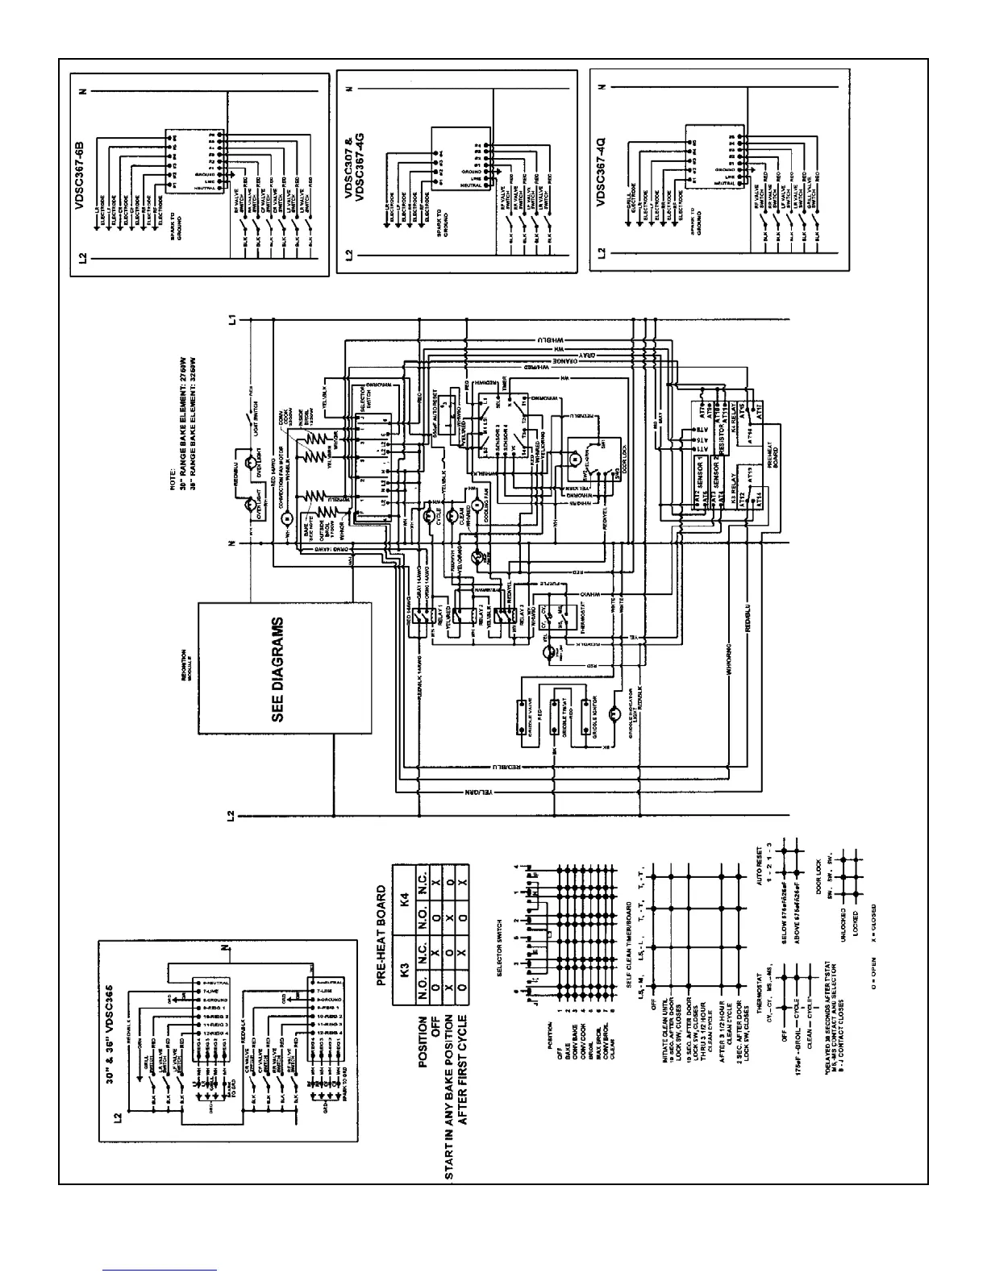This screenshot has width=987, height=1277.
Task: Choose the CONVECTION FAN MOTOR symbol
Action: (x=286, y=518)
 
